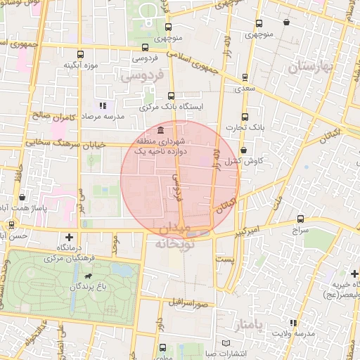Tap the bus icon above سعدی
[x=244, y=78]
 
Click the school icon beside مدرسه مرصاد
[x=103, y=105]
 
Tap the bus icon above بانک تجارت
[x=244, y=117]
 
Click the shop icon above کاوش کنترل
[x=243, y=150]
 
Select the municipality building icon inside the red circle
[x=162, y=131]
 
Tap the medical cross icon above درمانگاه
[x=68, y=237]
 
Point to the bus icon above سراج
[x=301, y=219]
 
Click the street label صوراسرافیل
[x=189, y=304]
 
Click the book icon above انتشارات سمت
[x=225, y=342]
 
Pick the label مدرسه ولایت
[x=292, y=333]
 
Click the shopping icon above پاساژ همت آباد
[x=23, y=198]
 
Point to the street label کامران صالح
[x=51, y=115]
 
